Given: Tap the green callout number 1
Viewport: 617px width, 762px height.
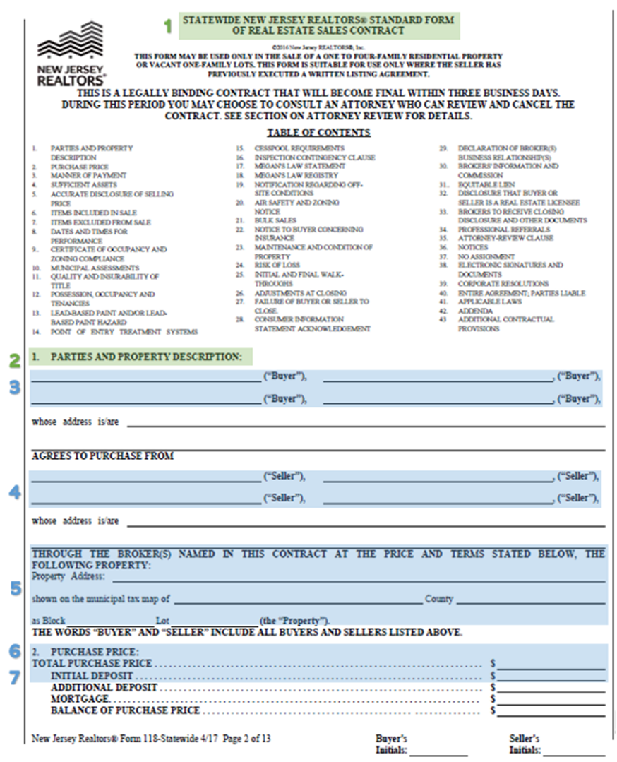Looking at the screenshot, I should (x=168, y=26).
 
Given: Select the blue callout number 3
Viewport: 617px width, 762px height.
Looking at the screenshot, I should (x=14, y=387).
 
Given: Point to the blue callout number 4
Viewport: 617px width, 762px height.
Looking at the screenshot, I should (x=14, y=492).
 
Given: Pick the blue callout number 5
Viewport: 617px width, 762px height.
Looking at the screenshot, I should (x=14, y=588).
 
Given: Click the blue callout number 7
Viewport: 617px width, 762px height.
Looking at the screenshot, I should (x=14, y=676).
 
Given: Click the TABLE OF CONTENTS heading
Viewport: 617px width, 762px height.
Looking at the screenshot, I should (x=318, y=133).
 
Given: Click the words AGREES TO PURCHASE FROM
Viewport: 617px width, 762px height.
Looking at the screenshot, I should (x=103, y=456).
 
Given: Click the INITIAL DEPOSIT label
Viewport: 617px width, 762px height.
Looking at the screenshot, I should (x=92, y=676).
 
